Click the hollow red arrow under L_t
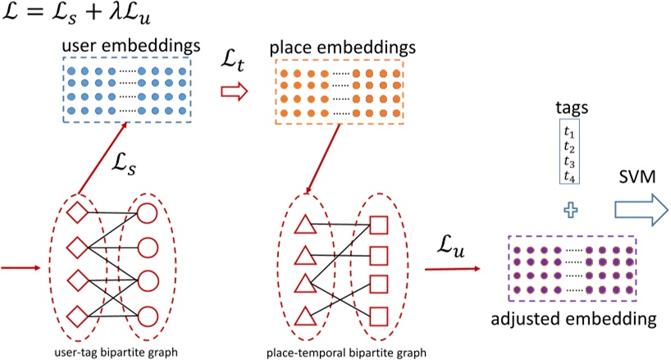(235, 93)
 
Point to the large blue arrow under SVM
(640, 210)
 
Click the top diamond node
(75, 212)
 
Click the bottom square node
(380, 313)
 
